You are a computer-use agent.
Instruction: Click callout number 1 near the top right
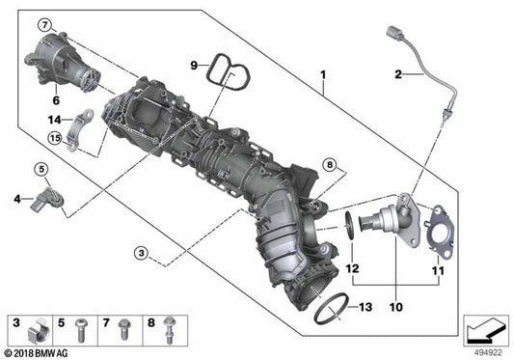pos(324,74)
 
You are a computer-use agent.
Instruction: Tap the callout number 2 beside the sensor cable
pos(397,73)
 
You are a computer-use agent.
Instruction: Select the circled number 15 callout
pos(56,139)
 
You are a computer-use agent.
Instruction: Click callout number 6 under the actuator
pos(56,98)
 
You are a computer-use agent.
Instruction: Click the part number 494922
pos(486,352)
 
